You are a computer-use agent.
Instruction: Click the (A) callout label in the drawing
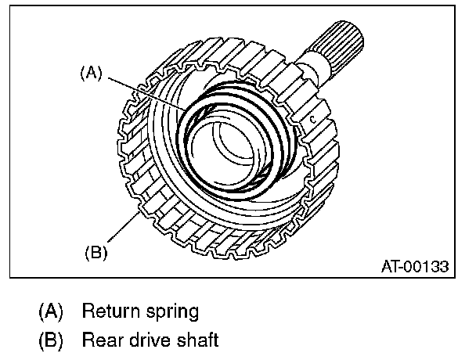coord(92,74)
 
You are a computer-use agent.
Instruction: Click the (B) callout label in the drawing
coord(94,253)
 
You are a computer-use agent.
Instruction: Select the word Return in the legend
coord(110,311)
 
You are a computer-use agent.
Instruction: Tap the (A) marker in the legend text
coord(50,311)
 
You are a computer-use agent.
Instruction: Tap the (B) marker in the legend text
coord(50,340)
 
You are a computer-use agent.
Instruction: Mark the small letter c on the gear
coord(311,120)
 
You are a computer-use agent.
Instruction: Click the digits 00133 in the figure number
coord(428,267)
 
